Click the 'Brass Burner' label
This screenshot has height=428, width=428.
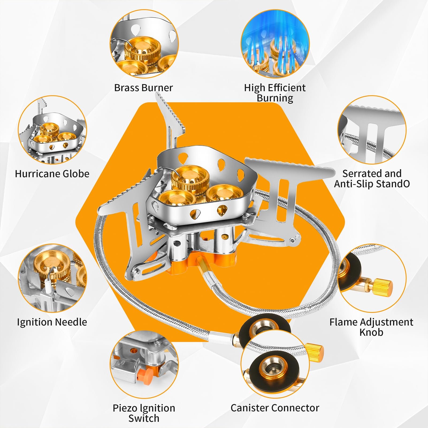(x=143, y=88)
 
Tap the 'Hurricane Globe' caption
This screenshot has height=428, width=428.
(x=52, y=174)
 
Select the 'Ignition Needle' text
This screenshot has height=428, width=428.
(x=52, y=322)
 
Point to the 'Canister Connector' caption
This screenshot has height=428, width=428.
(x=275, y=408)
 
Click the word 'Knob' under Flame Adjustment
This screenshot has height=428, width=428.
(x=371, y=332)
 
